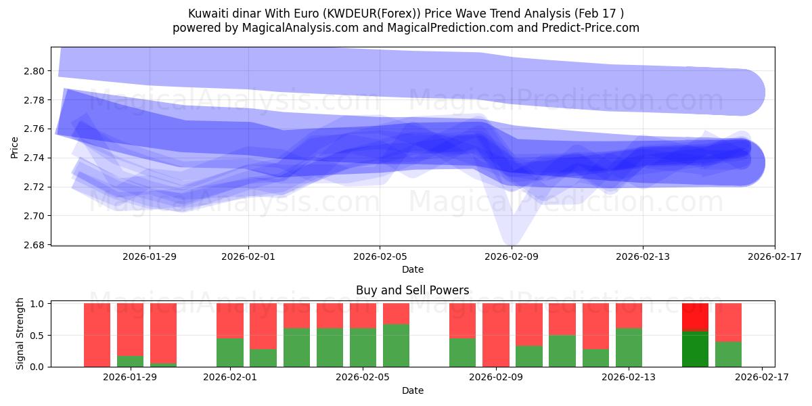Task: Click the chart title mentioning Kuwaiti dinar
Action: [405, 14]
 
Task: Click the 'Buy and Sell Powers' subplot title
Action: [412, 290]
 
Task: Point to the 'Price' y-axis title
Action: [15, 147]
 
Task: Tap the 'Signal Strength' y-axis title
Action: [20, 334]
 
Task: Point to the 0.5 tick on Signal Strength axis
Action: [38, 335]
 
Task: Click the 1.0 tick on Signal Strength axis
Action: [38, 304]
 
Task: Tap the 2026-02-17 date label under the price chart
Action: [774, 256]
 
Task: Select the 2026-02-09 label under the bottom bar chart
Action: [496, 377]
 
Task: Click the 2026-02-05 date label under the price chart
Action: [380, 256]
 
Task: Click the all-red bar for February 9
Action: [496, 335]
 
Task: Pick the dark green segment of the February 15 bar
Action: [695, 349]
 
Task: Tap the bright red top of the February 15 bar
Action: [695, 317]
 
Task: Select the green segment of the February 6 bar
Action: [396, 345]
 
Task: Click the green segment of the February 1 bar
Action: [230, 353]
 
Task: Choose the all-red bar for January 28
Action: [97, 335]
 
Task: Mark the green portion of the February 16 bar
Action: [728, 354]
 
